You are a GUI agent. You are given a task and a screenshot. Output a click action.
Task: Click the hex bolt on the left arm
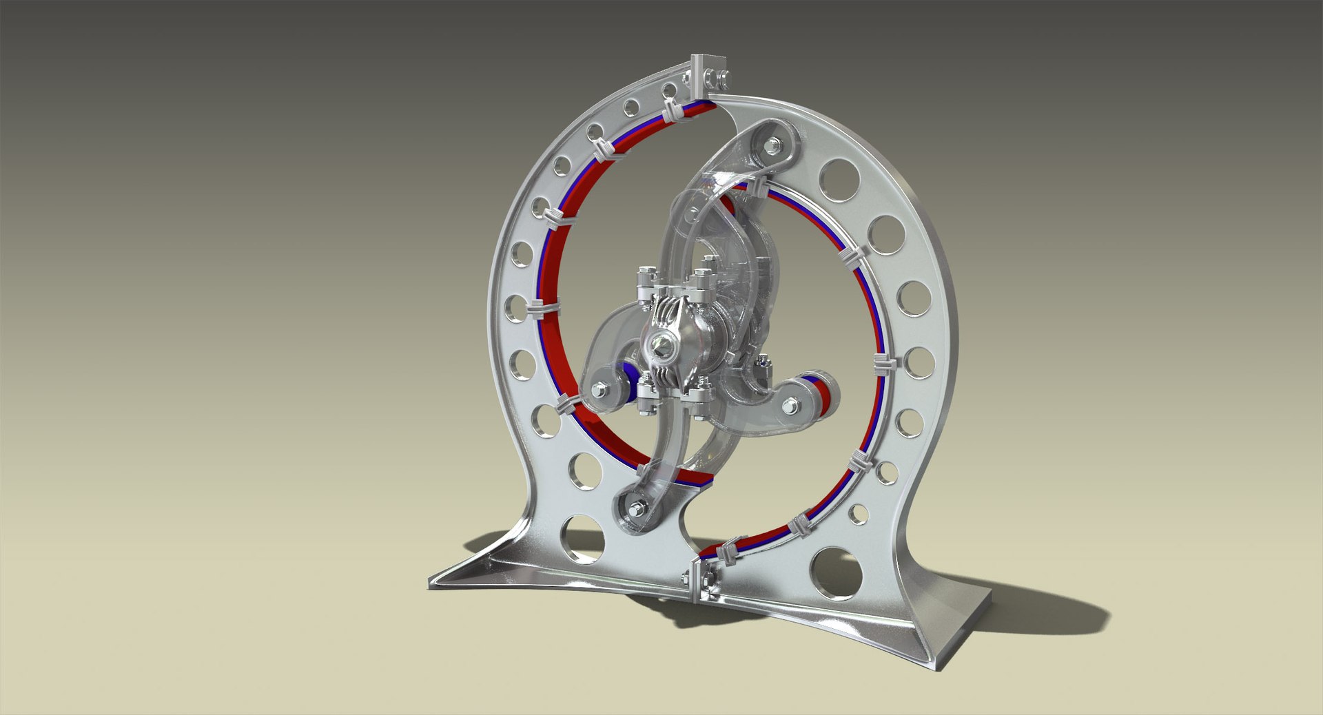pyautogui.click(x=597, y=392)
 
